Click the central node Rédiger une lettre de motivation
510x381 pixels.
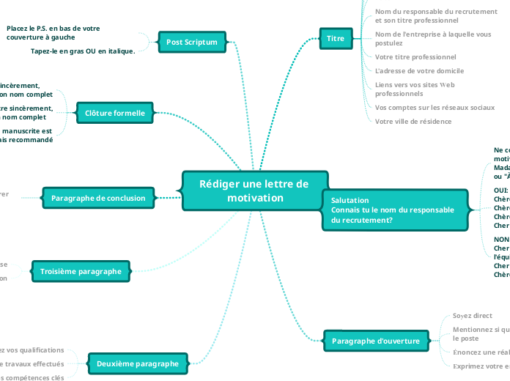254,190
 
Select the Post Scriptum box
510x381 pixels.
192,42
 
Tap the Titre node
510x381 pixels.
336,38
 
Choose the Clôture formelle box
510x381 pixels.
115,113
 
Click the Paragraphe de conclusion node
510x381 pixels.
99,198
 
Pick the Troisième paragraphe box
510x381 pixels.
81,271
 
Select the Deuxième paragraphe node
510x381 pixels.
138,363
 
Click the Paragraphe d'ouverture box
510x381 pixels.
376,341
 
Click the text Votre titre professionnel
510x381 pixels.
415,56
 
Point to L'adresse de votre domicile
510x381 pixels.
419,71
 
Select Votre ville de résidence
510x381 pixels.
413,122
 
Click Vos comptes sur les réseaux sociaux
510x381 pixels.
435,107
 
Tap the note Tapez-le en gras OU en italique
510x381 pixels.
83,51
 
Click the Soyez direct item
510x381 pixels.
472,316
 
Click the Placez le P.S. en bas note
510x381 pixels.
53,32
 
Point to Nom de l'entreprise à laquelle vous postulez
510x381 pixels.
432,38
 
